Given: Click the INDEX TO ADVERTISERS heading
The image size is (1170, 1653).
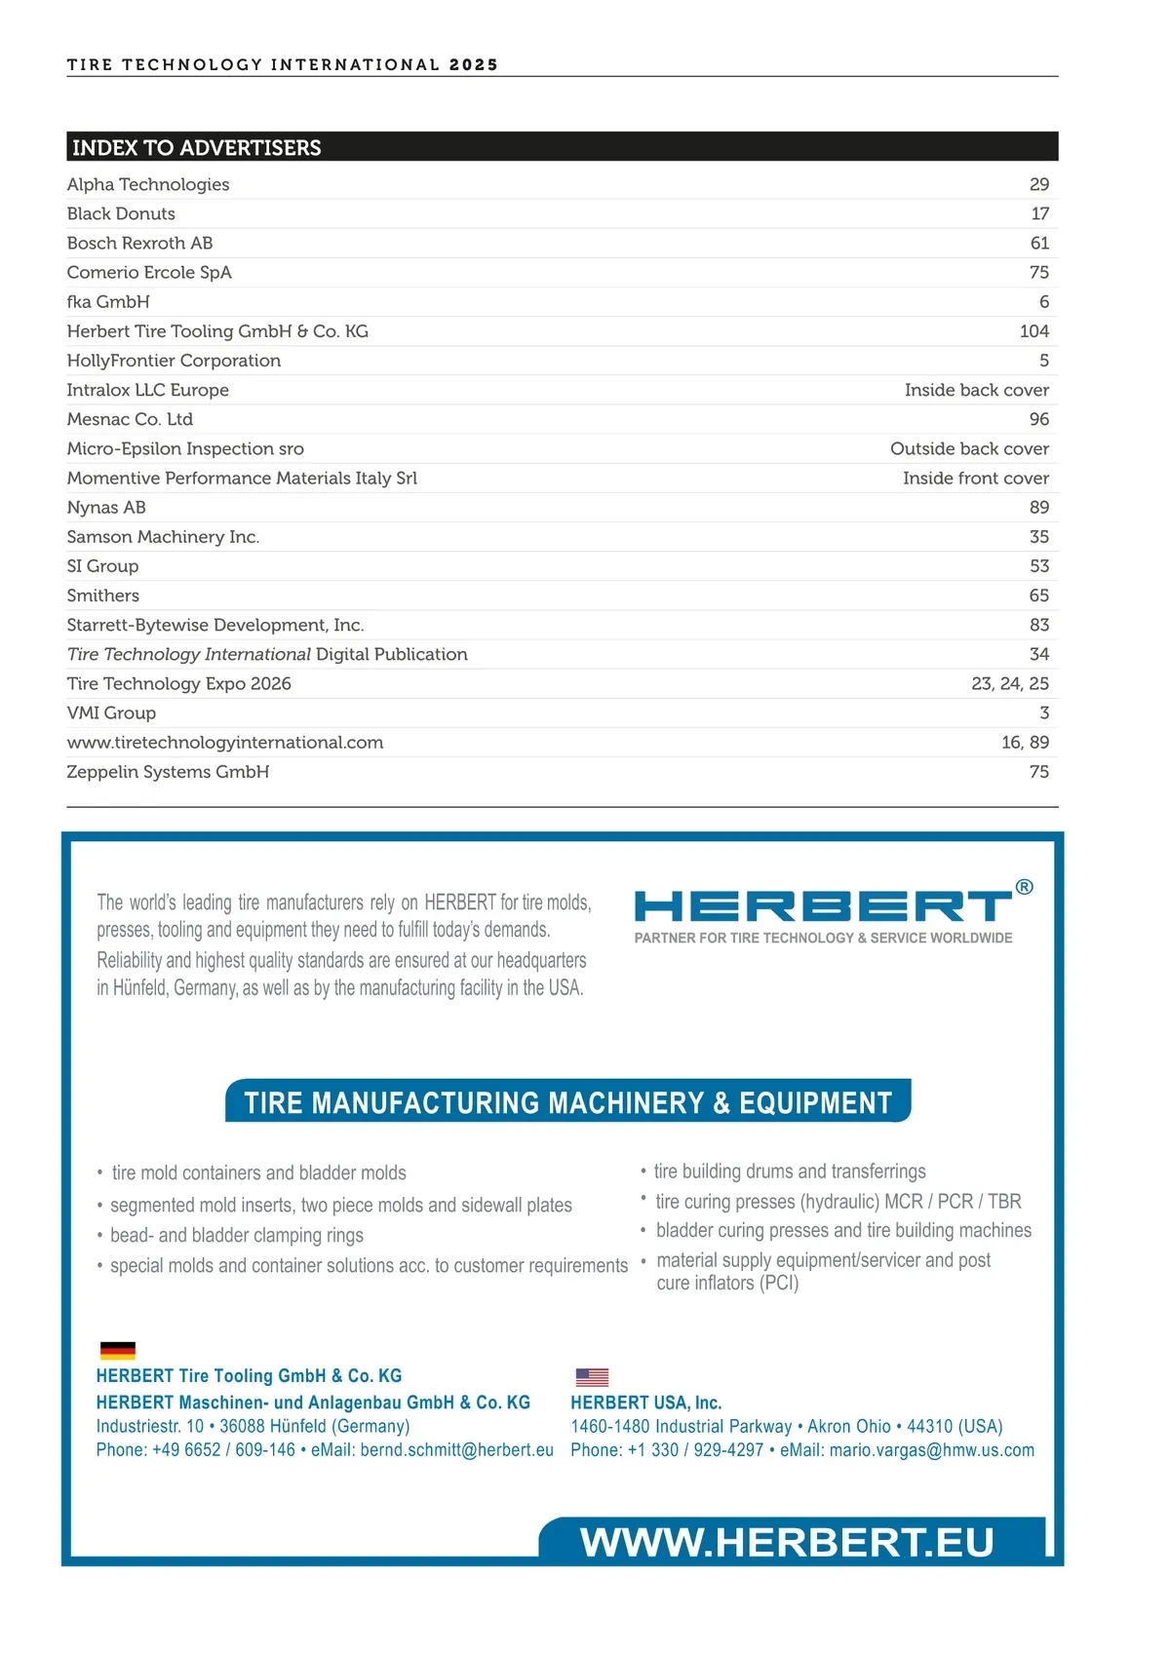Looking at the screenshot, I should coord(196,148).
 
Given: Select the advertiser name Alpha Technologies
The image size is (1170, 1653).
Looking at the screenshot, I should coord(148,185).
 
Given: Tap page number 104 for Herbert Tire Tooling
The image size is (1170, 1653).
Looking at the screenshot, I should coord(1033,331).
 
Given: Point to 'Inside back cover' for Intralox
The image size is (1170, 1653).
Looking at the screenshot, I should coord(976,390).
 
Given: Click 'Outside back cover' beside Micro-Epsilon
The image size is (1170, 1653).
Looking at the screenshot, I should coord(969,448).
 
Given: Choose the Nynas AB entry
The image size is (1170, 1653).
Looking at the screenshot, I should coord(106,508).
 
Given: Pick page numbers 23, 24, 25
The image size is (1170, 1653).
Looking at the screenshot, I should coord(1009,684).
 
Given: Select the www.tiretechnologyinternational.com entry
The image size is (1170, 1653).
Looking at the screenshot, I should coord(225,743).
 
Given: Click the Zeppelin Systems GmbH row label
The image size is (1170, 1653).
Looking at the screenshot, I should coord(168,772).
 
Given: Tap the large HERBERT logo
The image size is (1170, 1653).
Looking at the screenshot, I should coord(823,906).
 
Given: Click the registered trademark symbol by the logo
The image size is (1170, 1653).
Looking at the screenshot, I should coord(1024,887).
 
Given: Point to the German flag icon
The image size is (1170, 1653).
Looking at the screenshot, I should coord(118,1350).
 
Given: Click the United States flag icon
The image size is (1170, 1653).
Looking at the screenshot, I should coord(592,1377).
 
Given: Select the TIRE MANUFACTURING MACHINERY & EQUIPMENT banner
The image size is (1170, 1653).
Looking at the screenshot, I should coord(567,1102).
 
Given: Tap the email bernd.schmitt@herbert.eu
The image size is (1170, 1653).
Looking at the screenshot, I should coord(456,1450).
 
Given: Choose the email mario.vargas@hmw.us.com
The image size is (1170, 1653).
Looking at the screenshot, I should coord(931,1450).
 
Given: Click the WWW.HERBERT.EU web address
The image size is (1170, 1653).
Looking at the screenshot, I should coord(786,1542).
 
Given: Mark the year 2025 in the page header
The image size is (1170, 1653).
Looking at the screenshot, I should coord(474,65).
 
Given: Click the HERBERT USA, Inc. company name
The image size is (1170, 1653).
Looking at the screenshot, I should coord(645,1403).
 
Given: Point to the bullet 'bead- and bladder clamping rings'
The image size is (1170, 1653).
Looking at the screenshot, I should coord(236,1236).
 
